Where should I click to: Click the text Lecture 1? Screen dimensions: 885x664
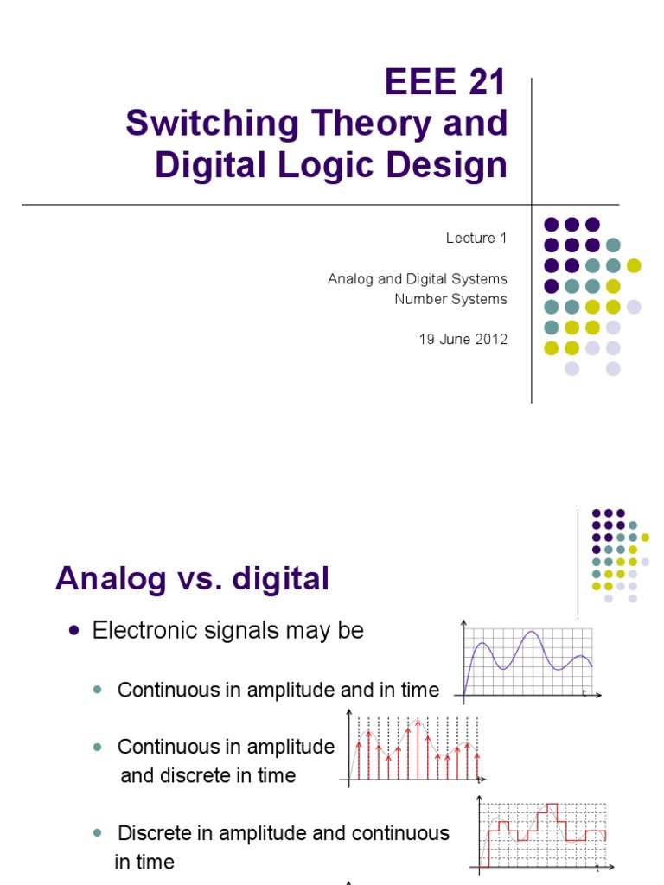point(476,239)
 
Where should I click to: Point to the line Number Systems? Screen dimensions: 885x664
point(450,299)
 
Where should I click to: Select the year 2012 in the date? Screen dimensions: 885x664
point(488,340)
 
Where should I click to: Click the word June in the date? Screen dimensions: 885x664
point(453,340)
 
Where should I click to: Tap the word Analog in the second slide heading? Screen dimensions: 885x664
point(108,579)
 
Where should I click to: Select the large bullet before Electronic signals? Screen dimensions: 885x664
point(73,631)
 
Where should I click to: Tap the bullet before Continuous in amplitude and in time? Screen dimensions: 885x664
point(97,690)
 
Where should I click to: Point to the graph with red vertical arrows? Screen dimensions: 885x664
point(413,746)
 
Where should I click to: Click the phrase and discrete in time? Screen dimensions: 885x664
point(207,775)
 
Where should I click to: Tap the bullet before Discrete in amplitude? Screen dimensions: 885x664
point(97,833)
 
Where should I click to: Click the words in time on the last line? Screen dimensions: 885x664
point(144,862)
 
